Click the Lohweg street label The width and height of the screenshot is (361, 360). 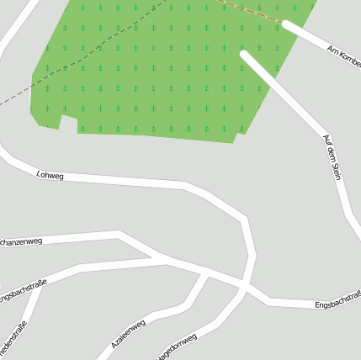click(x=50, y=175)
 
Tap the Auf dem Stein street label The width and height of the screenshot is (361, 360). click(x=332, y=156)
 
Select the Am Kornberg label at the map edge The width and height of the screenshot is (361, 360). click(x=343, y=53)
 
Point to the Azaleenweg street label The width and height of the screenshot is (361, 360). click(x=128, y=334)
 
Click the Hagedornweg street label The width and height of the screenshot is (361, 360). click(x=176, y=345)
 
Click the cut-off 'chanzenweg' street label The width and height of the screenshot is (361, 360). click(x=21, y=242)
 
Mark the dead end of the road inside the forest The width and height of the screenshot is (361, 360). click(x=244, y=56)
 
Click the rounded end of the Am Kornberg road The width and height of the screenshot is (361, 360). click(x=287, y=25)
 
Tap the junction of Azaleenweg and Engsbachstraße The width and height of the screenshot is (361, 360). click(x=206, y=273)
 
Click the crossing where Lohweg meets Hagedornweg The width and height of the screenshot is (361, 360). click(x=244, y=289)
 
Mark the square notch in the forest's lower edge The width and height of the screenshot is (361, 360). click(x=69, y=124)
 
